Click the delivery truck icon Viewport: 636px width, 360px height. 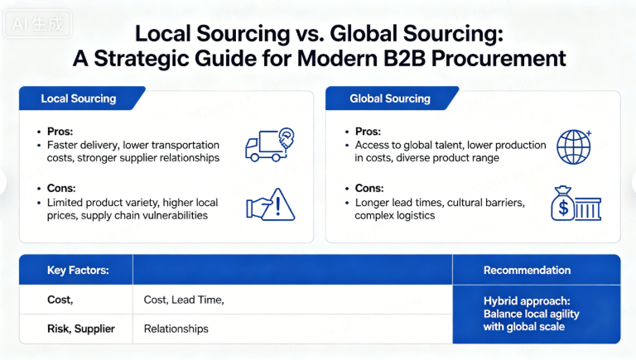269,144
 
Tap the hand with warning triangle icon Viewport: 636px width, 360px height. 270,204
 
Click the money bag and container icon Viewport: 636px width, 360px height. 574,204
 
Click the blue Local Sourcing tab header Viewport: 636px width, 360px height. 79,99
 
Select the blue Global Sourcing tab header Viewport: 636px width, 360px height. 390,99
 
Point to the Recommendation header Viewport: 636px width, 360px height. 527,270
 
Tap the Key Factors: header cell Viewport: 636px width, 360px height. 79,270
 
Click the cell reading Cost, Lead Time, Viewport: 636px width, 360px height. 184,300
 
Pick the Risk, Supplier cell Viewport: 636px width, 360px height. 79,329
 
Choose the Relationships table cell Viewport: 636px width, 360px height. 176,329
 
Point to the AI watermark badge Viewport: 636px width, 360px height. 37,24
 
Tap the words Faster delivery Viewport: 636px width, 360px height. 82,145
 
